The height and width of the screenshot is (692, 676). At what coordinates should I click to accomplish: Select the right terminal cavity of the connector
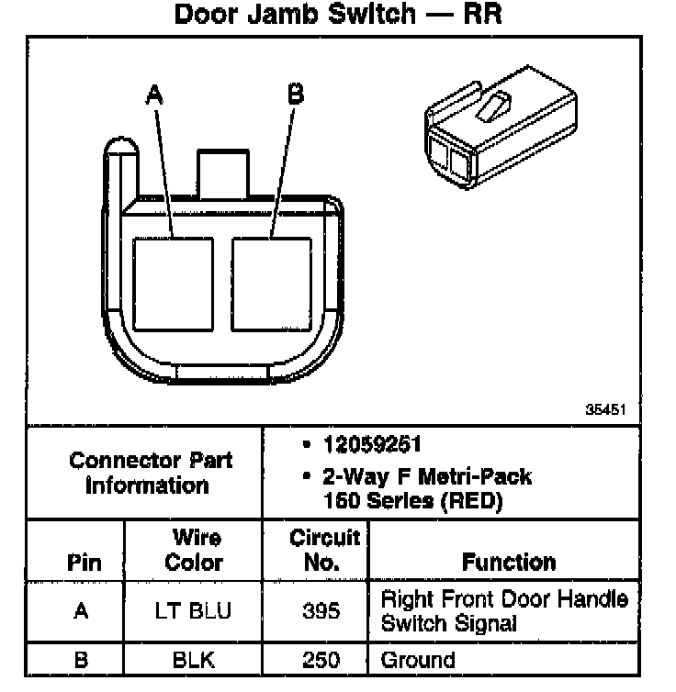[273, 284]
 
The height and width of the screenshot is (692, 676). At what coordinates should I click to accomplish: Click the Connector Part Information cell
[151, 472]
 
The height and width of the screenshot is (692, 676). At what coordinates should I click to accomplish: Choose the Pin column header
[84, 562]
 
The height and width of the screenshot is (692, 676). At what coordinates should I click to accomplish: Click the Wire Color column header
[194, 549]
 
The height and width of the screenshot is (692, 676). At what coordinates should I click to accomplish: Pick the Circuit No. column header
[323, 549]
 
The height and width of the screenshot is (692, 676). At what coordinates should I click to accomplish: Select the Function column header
[509, 562]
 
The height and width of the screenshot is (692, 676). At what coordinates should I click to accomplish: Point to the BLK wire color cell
[194, 660]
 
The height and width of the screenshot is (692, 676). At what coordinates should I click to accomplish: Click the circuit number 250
[321, 660]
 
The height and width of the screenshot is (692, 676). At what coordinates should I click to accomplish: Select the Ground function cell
[418, 660]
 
